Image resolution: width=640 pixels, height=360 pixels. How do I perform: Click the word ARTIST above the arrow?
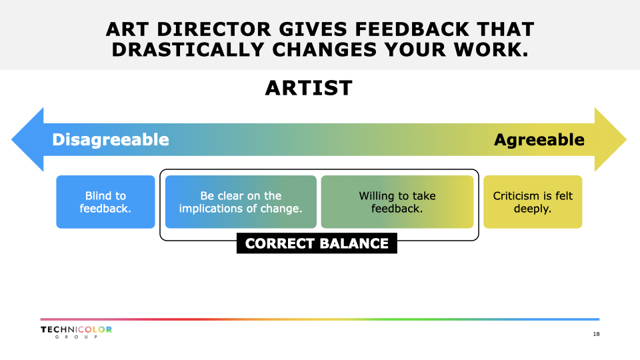309,88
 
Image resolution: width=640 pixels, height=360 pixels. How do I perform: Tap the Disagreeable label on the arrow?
111,139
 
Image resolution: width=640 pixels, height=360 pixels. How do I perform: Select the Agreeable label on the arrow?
539,139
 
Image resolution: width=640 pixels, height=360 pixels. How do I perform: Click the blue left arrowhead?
27,139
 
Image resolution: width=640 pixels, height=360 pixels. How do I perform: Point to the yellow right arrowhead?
611,139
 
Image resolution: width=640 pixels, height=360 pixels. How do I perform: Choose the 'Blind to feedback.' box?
106,202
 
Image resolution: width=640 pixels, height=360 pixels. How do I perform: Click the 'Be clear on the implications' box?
241,202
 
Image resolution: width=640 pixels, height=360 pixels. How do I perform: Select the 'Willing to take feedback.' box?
397,202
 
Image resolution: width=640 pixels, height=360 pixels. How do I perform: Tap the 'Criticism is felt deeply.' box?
533,202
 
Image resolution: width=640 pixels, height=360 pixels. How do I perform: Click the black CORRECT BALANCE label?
317,243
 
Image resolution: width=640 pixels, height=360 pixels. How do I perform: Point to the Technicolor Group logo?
76,332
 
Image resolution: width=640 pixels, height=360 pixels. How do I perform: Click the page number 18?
596,334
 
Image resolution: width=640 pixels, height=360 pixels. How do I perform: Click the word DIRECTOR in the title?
214,29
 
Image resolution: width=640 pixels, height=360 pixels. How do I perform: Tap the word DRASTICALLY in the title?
188,50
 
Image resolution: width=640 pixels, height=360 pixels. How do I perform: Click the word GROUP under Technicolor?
76,337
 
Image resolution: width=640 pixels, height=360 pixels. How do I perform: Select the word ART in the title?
127,29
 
